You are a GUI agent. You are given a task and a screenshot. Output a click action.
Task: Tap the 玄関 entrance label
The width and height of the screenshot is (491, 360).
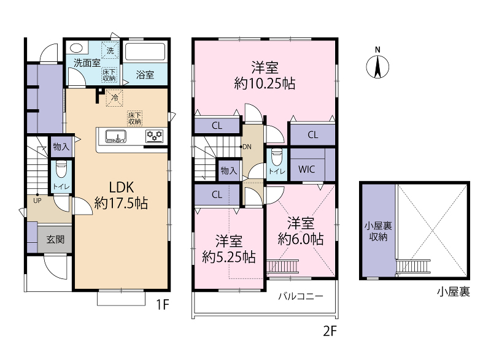pyautogui.click(x=55, y=240)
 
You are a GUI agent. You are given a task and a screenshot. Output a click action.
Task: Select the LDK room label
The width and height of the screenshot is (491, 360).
pyautogui.click(x=121, y=187)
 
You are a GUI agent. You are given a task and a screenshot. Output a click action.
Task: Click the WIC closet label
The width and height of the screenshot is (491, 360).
pyautogui.click(x=306, y=169)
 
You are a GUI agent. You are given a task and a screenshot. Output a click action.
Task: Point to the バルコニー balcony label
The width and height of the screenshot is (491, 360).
pyautogui.click(x=301, y=296)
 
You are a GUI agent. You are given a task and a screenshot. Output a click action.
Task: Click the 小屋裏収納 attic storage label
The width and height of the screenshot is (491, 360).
pyautogui.click(x=378, y=231)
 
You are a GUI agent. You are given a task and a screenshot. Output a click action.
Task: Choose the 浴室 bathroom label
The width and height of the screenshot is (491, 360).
pyautogui.click(x=145, y=75)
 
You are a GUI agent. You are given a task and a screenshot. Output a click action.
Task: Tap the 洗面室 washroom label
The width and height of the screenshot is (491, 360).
pyautogui.click(x=87, y=63)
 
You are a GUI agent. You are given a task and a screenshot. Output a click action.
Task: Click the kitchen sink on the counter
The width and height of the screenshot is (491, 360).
pyautogui.click(x=116, y=136)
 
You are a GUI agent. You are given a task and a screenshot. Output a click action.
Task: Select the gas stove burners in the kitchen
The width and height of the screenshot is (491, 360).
pyautogui.click(x=155, y=136)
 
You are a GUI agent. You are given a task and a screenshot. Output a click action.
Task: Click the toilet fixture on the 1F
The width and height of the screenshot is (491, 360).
pyautogui.click(x=61, y=169)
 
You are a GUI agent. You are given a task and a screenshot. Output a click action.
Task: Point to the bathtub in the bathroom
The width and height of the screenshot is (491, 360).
pyautogui.click(x=145, y=52)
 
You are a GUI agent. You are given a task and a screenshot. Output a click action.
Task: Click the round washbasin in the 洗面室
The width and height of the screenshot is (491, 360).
pyautogui.click(x=76, y=48)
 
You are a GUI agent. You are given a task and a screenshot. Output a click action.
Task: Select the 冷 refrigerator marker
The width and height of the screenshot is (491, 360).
pyautogui.click(x=115, y=98)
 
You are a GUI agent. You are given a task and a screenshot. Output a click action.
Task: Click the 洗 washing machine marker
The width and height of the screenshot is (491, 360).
pyautogui.click(x=110, y=50)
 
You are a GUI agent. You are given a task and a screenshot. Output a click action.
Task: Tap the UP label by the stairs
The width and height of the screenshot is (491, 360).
pyautogui.click(x=37, y=201)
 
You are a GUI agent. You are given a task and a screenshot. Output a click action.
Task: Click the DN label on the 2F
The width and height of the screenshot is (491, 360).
pyautogui.click(x=247, y=147)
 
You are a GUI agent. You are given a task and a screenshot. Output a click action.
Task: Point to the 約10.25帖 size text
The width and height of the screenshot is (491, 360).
pyautogui.click(x=265, y=83)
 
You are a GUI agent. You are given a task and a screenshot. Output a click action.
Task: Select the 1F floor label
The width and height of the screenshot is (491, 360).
pyautogui.click(x=163, y=304)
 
